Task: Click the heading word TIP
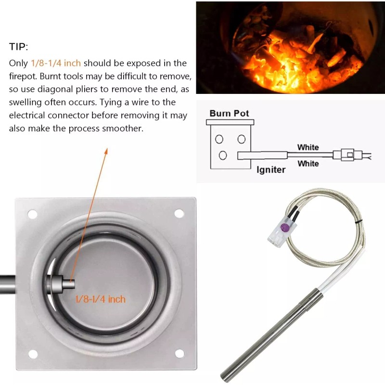pos(19,47)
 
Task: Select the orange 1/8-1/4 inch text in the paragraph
pos(56,63)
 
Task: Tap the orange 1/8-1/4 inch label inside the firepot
pos(100,299)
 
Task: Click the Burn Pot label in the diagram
pos(229,114)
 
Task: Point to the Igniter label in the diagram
pos(270,169)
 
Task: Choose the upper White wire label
pos(308,147)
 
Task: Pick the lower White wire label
pos(308,164)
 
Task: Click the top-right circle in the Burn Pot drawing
pos(242,139)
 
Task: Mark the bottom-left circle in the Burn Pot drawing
pos(222,155)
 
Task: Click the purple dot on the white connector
pos(284,228)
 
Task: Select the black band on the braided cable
pos(360,222)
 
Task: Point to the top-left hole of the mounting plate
pos(32,214)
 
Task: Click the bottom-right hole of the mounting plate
pos(180,354)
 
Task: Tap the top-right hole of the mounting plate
pos(179,213)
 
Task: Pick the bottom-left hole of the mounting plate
pos(33,354)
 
